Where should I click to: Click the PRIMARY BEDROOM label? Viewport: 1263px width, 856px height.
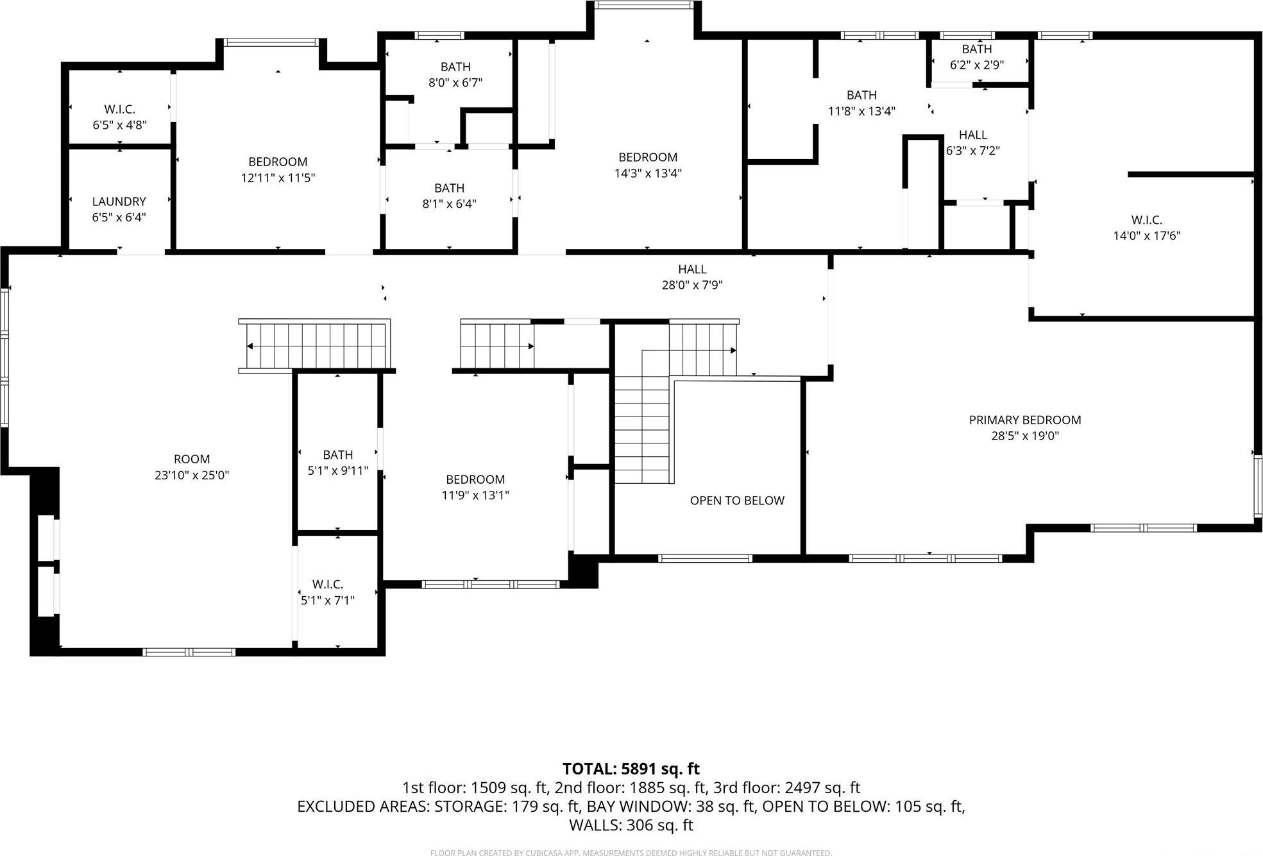(1024, 420)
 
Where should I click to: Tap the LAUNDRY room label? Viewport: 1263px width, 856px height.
(119, 201)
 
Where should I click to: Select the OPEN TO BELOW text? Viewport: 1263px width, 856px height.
(737, 501)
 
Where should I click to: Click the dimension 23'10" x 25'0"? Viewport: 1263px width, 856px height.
(191, 475)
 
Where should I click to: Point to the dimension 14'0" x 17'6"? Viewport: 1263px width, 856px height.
(1146, 235)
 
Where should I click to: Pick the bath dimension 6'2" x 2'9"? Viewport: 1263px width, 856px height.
(976, 65)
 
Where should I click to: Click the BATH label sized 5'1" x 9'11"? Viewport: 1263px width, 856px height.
(337, 454)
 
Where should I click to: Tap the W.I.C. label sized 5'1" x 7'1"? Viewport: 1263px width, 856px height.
(327, 584)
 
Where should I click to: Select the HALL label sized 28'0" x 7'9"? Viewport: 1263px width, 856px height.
(692, 269)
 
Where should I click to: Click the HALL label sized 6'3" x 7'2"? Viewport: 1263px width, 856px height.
(972, 135)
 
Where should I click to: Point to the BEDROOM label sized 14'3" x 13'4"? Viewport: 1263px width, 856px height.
(648, 157)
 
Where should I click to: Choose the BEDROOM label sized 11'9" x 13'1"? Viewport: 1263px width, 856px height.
(475, 479)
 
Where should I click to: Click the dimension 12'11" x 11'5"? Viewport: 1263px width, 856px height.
(278, 178)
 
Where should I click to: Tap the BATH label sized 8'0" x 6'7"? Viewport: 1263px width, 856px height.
(455, 67)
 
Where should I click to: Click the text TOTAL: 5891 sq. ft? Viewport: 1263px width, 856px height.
(631, 769)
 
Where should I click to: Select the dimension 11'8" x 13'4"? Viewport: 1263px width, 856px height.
(861, 111)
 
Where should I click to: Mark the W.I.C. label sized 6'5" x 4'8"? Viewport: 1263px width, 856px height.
(120, 109)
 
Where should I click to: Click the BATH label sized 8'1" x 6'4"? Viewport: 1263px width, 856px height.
(449, 188)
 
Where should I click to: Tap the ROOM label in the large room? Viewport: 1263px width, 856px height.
(191, 459)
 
